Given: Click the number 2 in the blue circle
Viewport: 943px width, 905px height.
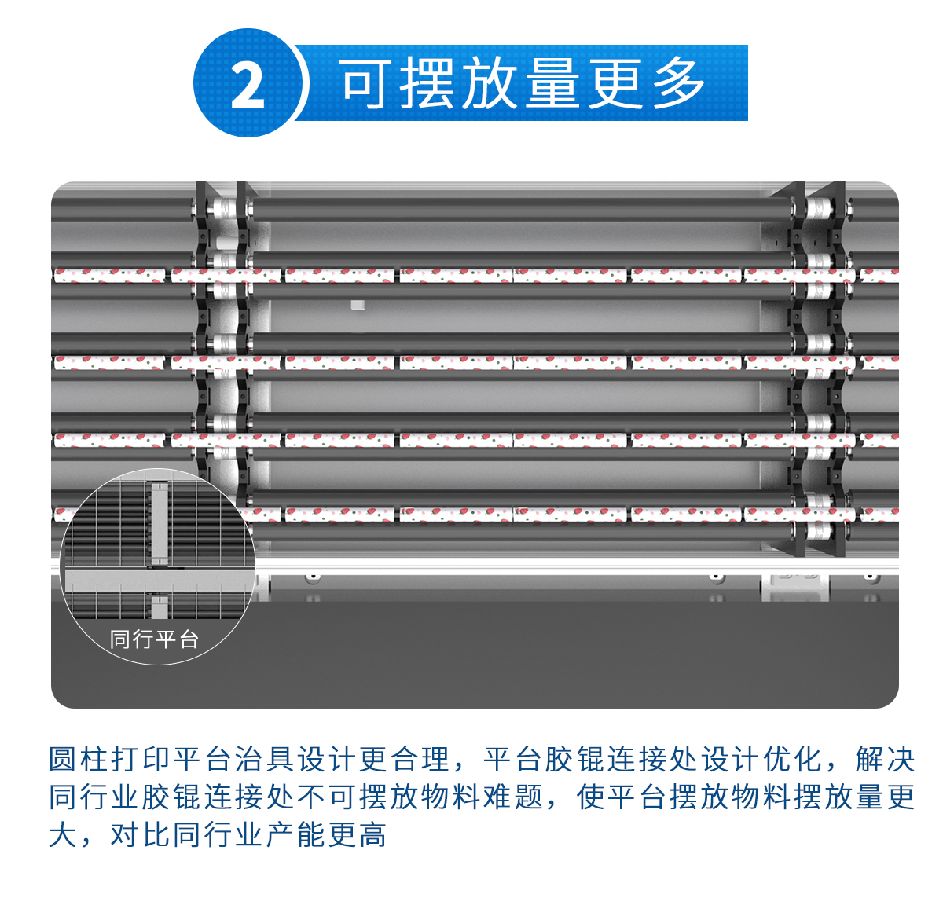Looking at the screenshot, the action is (248, 86).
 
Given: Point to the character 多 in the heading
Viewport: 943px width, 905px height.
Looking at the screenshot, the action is (678, 82).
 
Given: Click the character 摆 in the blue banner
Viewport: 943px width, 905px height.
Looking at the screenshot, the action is (427, 82).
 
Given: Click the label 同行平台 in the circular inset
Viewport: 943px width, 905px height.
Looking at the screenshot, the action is (154, 639).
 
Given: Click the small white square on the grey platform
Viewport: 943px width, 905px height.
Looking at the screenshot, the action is (358, 306).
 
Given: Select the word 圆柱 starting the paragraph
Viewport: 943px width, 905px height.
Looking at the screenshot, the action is (79, 759).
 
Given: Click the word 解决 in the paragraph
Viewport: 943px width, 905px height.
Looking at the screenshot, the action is (884, 759).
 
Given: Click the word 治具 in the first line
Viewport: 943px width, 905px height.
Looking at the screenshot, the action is (265, 759).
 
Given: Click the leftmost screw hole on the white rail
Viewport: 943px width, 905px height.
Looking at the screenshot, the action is (313, 577).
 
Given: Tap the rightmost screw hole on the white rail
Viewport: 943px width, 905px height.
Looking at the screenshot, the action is (871, 577).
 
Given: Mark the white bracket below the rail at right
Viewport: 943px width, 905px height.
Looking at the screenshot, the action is (794, 587).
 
